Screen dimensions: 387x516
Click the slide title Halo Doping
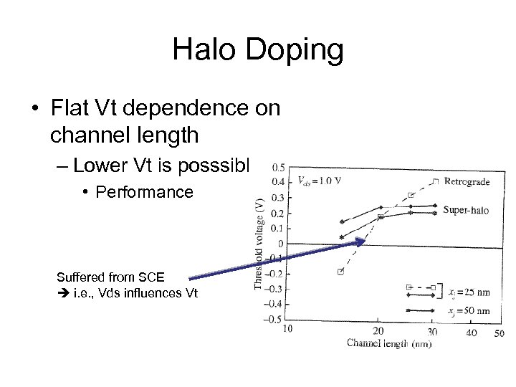tap(258, 50)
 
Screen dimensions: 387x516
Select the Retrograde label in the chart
tap(467, 181)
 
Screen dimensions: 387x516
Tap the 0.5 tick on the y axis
tap(277, 166)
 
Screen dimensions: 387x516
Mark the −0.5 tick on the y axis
tap(274, 319)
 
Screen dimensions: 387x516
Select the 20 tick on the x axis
tap(379, 330)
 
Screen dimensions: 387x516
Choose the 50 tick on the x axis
tap(499, 333)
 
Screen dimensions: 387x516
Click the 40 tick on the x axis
tap(471, 333)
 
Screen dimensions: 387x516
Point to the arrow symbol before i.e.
tap(63, 292)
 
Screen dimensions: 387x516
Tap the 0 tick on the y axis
tap(280, 244)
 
